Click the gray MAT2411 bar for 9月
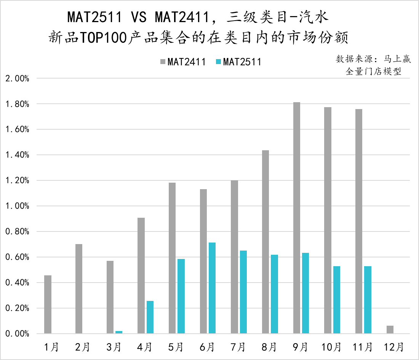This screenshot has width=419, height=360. point(297,218)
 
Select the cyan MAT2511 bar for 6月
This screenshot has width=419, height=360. point(212,288)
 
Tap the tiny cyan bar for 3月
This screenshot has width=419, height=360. point(119,332)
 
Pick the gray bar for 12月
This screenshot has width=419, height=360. point(390,329)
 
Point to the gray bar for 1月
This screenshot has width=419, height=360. point(48,304)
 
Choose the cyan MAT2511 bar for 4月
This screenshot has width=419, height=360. point(150,317)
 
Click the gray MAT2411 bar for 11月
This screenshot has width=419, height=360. point(359,221)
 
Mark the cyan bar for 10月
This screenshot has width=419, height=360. point(337,300)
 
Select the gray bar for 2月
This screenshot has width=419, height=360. point(79,289)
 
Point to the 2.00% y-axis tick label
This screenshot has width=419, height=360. point(17,79)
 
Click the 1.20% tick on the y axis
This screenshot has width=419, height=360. point(17,180)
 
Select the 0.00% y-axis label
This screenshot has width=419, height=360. point(17,334)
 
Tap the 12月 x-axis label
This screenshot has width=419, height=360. point(394,347)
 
